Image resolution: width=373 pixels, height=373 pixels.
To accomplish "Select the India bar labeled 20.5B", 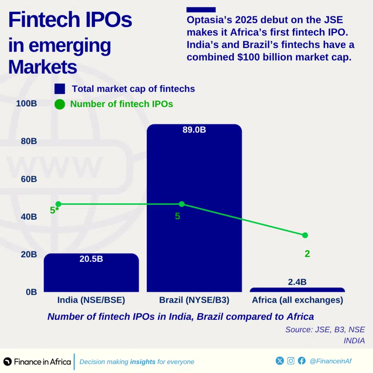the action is (91, 277).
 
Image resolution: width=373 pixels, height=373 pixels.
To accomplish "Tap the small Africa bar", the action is (297, 290).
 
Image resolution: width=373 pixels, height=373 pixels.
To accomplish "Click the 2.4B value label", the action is (297, 282).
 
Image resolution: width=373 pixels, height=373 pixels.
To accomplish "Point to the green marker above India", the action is (58, 204).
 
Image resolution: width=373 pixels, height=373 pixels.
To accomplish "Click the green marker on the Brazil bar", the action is (182, 204).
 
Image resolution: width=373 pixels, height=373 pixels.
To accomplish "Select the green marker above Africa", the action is (305, 235).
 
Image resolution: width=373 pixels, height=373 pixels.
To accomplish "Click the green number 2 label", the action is (307, 254).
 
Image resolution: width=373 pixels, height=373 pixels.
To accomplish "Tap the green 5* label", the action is (54, 210).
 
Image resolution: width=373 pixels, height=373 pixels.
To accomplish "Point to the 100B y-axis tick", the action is (27, 103).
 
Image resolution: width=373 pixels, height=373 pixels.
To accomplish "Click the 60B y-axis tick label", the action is (29, 179).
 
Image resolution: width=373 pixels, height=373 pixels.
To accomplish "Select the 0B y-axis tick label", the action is (31, 292).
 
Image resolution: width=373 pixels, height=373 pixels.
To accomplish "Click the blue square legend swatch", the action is (60, 89).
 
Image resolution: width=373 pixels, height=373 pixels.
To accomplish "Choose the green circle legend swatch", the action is (60, 105).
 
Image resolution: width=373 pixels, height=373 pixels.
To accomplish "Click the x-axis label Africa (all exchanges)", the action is (297, 300).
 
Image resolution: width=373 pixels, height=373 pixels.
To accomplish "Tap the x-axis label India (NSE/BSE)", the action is (91, 300).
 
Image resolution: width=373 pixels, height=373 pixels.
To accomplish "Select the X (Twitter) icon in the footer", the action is (280, 361).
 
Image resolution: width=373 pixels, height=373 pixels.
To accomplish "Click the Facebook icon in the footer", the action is (302, 361).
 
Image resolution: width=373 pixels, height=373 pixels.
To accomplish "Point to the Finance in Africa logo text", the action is (42, 362).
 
